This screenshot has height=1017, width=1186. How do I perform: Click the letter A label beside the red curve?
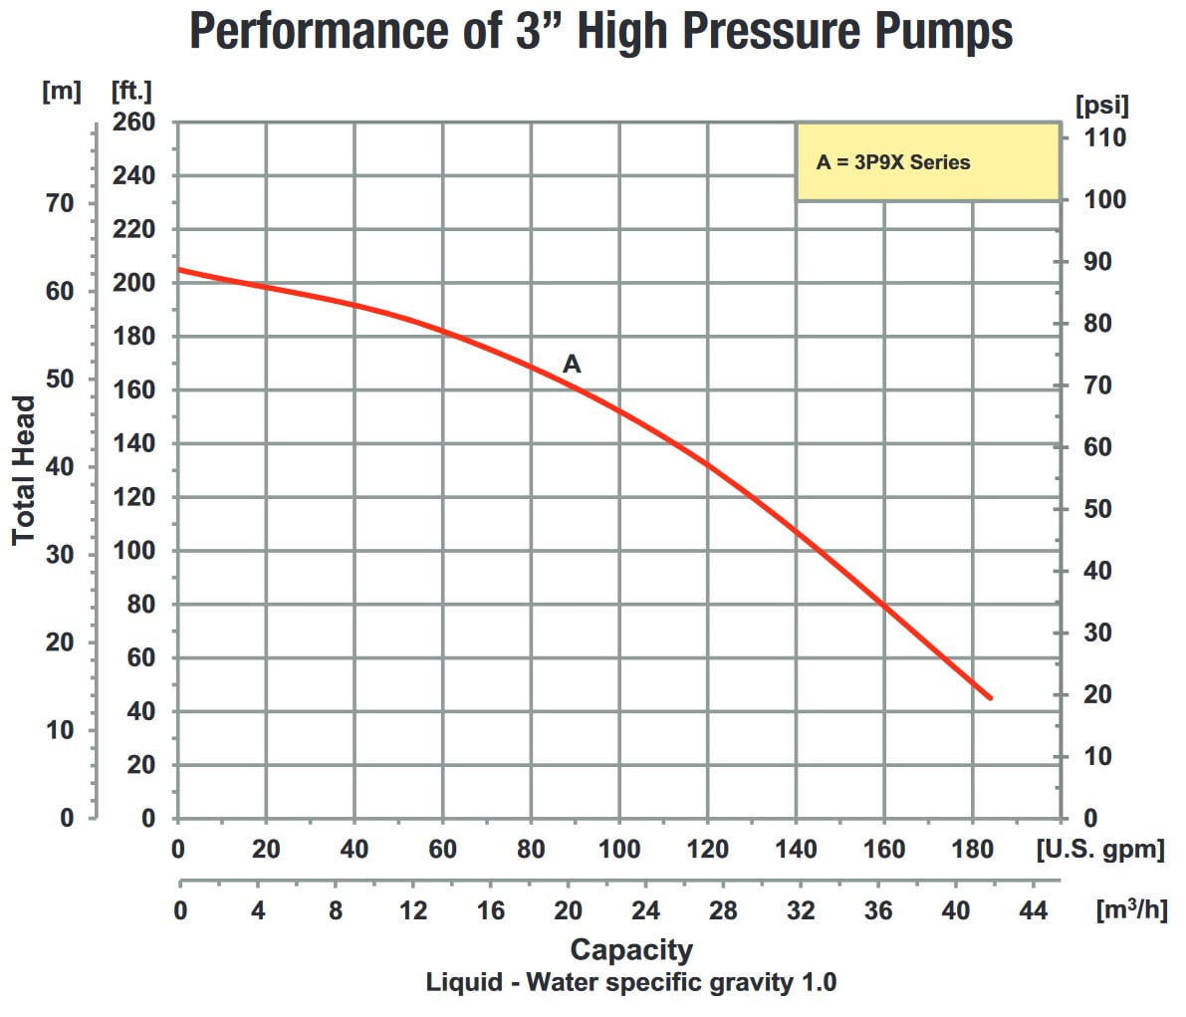[572, 365]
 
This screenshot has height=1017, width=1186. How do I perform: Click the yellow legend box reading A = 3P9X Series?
[926, 161]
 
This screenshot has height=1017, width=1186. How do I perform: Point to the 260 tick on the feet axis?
[133, 123]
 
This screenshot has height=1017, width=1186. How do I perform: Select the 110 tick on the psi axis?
[1104, 137]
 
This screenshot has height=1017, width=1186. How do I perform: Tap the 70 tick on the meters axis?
[60, 203]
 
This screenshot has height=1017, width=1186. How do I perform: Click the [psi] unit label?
[1101, 105]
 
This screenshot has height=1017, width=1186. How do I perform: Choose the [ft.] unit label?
[131, 91]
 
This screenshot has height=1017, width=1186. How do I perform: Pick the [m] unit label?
[61, 91]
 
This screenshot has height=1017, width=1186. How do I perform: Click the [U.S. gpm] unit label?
[1099, 850]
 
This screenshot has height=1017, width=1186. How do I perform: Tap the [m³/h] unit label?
[1130, 909]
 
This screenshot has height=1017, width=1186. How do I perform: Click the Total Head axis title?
[24, 470]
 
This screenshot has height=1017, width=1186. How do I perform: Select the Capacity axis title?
[630, 949]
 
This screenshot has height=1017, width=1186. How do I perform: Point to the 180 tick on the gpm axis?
[972, 850]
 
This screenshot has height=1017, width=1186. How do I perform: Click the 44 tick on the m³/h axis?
[1034, 910]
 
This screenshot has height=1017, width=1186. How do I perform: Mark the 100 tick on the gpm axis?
[618, 850]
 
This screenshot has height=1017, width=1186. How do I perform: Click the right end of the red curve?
[990, 698]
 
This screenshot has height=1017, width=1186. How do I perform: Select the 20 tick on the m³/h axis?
[568, 910]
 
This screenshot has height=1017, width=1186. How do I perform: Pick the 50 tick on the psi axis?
[1097, 509]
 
